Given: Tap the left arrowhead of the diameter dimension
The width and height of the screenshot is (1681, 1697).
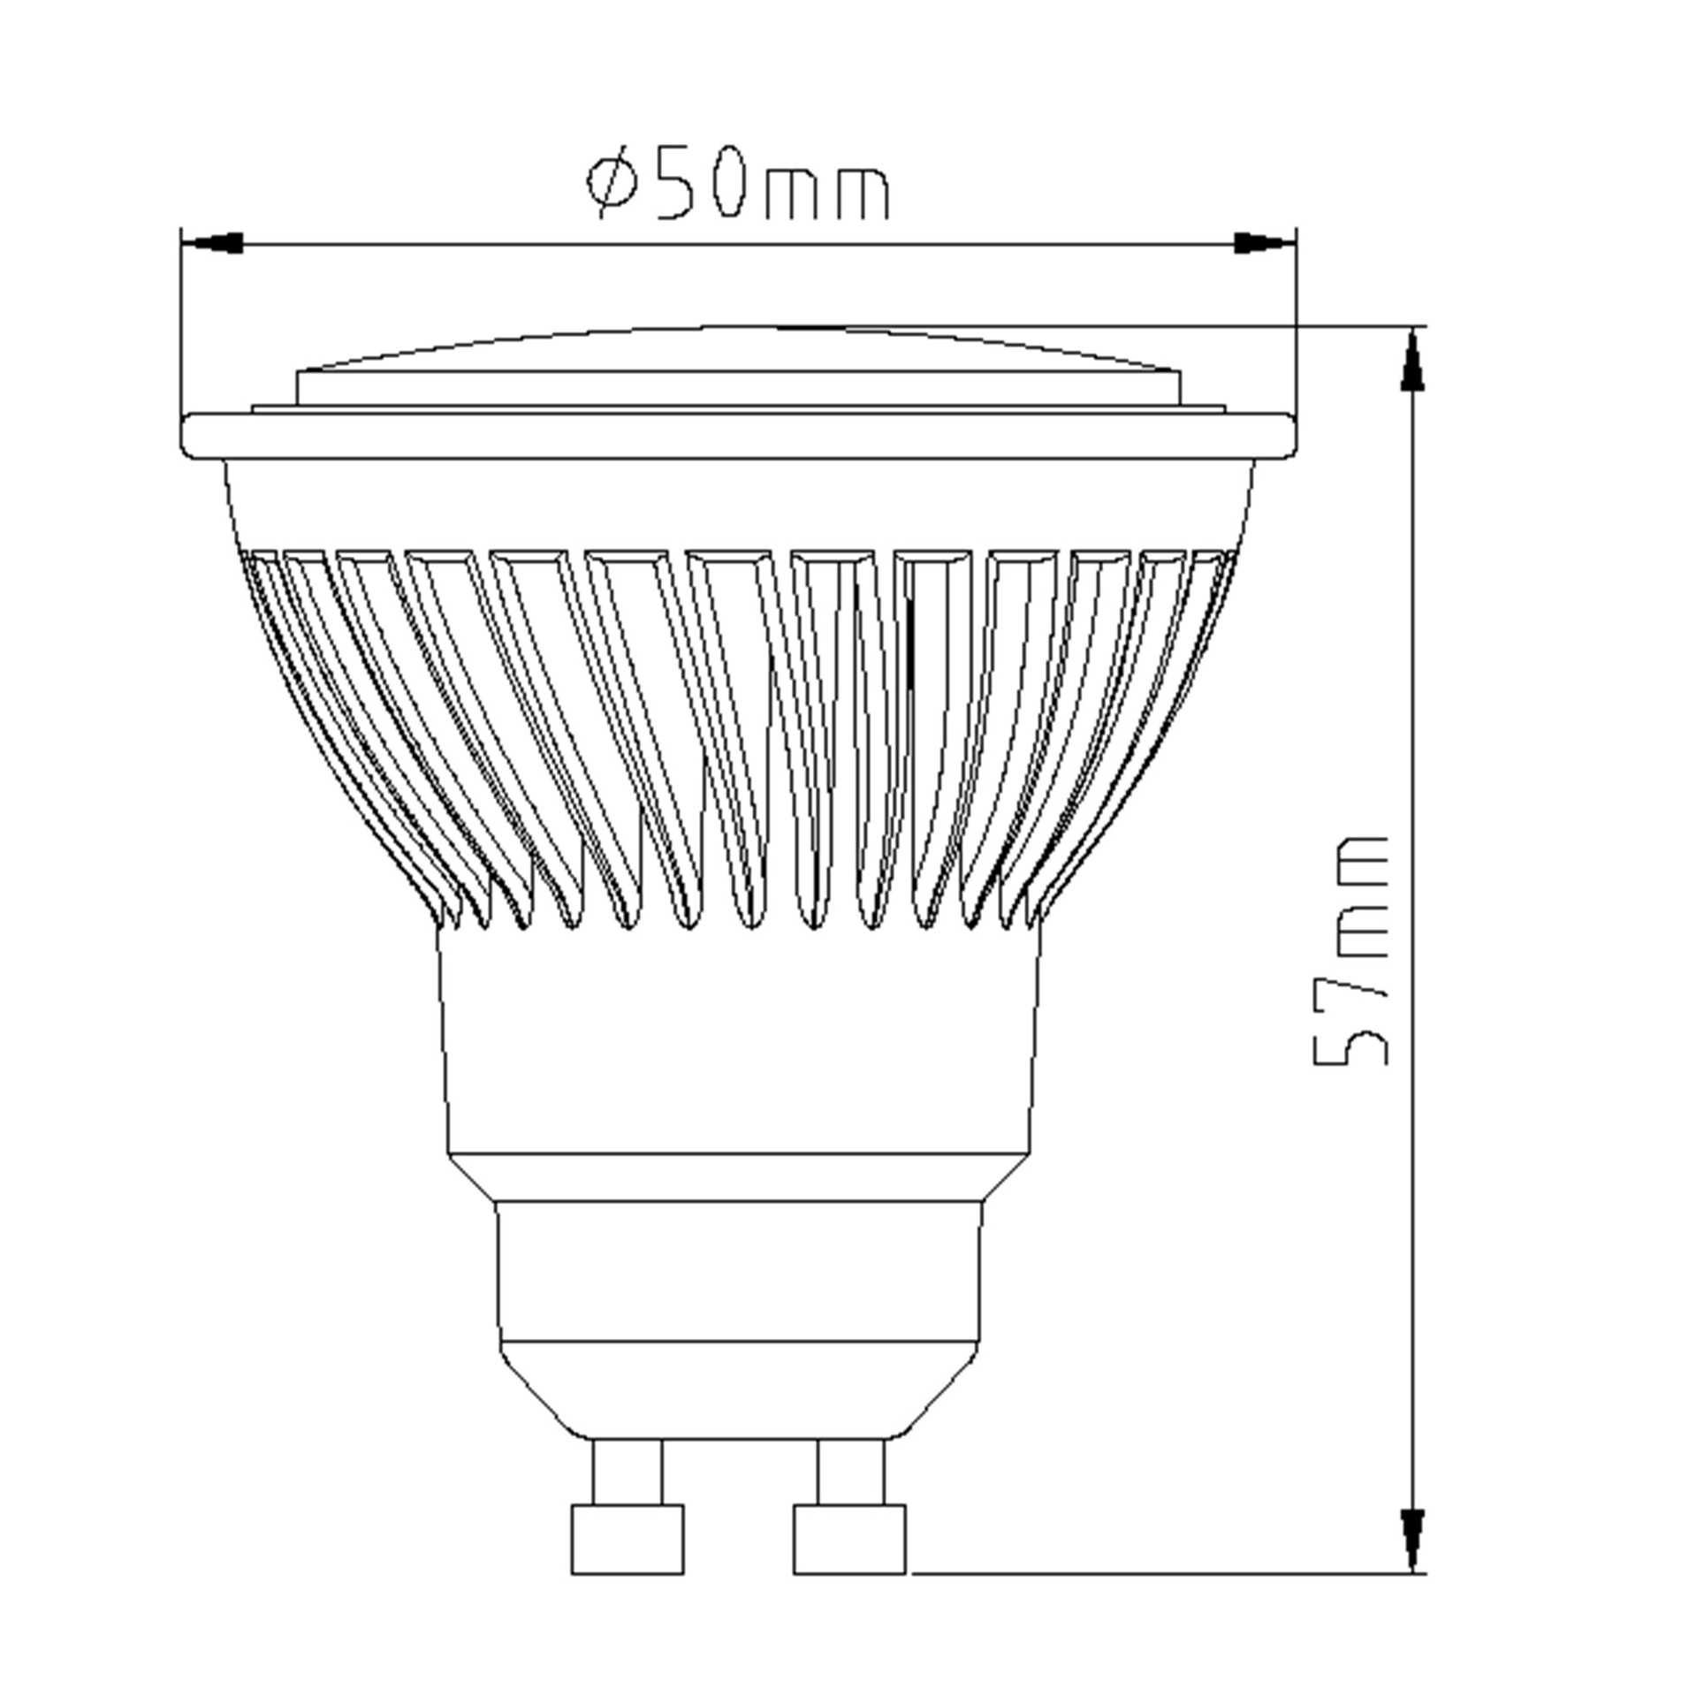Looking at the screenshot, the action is click(x=211, y=243).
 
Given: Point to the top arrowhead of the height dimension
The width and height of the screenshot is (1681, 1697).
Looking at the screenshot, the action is click(x=1413, y=359).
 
